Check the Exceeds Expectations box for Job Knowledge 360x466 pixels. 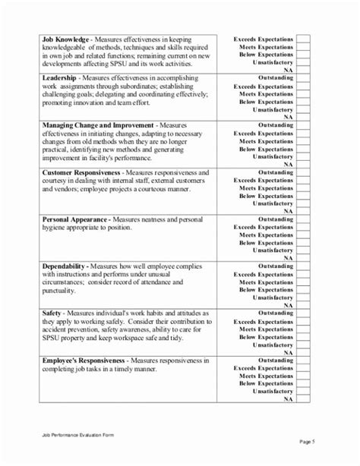(x=303, y=37)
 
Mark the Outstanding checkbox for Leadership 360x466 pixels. (x=303, y=77)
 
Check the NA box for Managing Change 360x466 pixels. (x=303, y=164)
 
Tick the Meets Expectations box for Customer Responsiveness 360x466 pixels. (x=303, y=188)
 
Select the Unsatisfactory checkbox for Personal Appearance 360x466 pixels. (x=303, y=250)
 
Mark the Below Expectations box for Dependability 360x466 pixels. (x=303, y=289)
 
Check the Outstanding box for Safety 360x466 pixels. (x=303, y=313)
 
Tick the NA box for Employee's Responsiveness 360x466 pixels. (x=303, y=399)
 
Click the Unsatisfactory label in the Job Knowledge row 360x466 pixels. (x=273, y=63)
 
